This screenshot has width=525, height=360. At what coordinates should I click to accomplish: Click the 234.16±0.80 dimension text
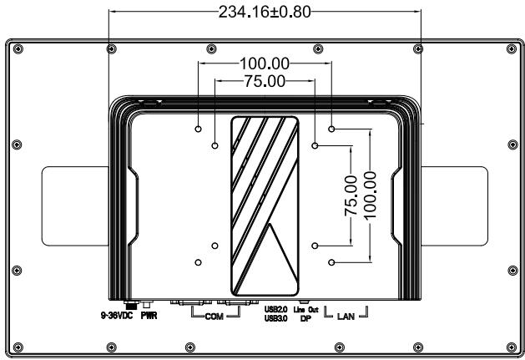[x=265, y=12]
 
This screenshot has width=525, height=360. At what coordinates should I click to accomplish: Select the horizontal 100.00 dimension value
[x=265, y=63]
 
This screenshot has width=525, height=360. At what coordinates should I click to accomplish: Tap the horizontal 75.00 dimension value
[x=265, y=81]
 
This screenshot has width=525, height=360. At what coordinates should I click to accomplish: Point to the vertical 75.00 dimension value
[x=351, y=195]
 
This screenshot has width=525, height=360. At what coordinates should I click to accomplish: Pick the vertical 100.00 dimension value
[x=370, y=195]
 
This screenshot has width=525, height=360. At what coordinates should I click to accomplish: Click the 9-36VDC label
[x=117, y=316]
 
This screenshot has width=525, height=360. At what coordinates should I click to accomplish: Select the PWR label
[x=149, y=316]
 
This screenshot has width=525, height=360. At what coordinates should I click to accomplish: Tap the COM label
[x=215, y=317]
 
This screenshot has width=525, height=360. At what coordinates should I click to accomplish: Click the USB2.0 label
[x=276, y=309]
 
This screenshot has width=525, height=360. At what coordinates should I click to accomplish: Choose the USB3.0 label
[x=276, y=318]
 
